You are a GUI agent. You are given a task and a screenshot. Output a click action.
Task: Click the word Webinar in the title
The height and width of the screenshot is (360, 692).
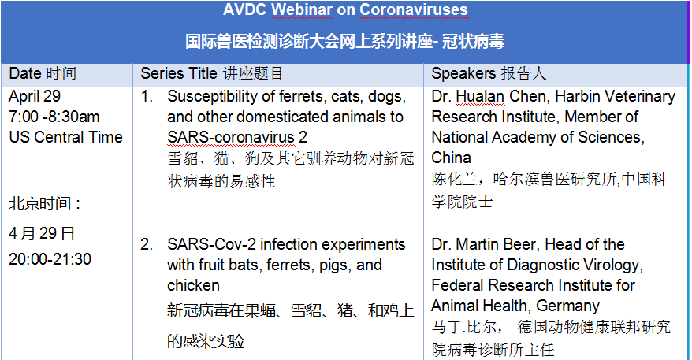tap(302, 9)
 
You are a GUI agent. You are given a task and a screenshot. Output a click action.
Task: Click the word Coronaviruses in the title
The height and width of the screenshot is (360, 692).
tap(414, 9)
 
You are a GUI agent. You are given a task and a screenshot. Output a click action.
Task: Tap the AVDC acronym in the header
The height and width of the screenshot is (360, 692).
tap(244, 9)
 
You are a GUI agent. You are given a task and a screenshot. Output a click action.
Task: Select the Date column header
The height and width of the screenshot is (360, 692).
tap(43, 73)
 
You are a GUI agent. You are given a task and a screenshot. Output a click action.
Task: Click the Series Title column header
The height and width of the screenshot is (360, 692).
tap(211, 73)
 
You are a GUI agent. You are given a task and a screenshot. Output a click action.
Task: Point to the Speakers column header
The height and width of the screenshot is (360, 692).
tap(489, 73)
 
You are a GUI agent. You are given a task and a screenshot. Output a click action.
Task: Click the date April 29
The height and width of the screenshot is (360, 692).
tap(35, 97)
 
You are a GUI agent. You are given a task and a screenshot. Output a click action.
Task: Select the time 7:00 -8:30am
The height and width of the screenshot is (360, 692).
tap(54, 117)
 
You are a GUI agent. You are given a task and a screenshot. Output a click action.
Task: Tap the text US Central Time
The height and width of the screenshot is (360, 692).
tap(65, 137)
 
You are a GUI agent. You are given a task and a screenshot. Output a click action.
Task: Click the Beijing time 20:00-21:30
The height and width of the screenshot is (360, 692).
tap(50, 259)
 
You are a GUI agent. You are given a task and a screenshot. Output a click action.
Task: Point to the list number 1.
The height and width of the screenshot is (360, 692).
tap(147, 97)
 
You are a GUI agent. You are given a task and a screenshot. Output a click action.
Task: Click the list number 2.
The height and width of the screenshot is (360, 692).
tap(147, 244)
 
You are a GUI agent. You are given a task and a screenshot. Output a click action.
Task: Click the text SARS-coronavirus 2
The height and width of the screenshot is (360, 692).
tap(237, 137)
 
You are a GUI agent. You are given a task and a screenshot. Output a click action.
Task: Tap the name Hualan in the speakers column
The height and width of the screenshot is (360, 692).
tap(480, 97)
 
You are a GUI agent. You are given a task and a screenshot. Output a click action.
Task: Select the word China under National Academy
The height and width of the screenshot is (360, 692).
tap(451, 158)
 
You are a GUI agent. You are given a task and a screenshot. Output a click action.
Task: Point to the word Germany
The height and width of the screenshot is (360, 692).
tap(568, 306)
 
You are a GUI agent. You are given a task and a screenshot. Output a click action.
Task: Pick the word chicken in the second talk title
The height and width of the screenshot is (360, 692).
tap(193, 285)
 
